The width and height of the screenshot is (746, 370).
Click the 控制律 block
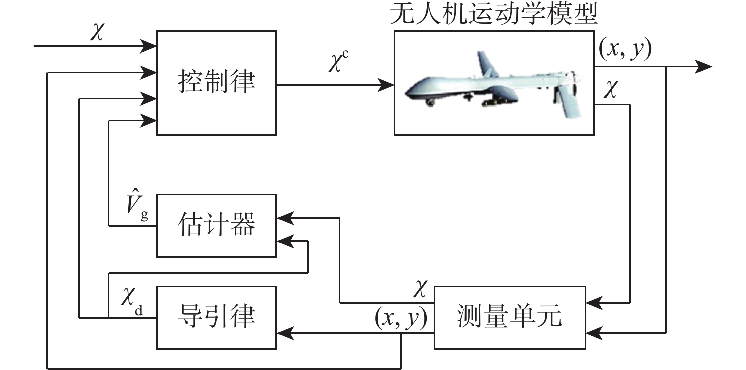click(x=216, y=83)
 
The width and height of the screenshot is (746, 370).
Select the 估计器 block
click(x=216, y=225)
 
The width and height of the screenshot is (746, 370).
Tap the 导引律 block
click(x=216, y=317)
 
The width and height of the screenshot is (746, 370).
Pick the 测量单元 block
click(x=509, y=317)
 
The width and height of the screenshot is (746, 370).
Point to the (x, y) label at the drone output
click(x=625, y=49)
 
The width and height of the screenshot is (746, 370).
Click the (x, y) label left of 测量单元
click(x=400, y=317)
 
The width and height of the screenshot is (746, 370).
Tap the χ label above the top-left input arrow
click(x=96, y=31)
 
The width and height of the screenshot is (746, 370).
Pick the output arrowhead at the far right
click(x=705, y=66)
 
